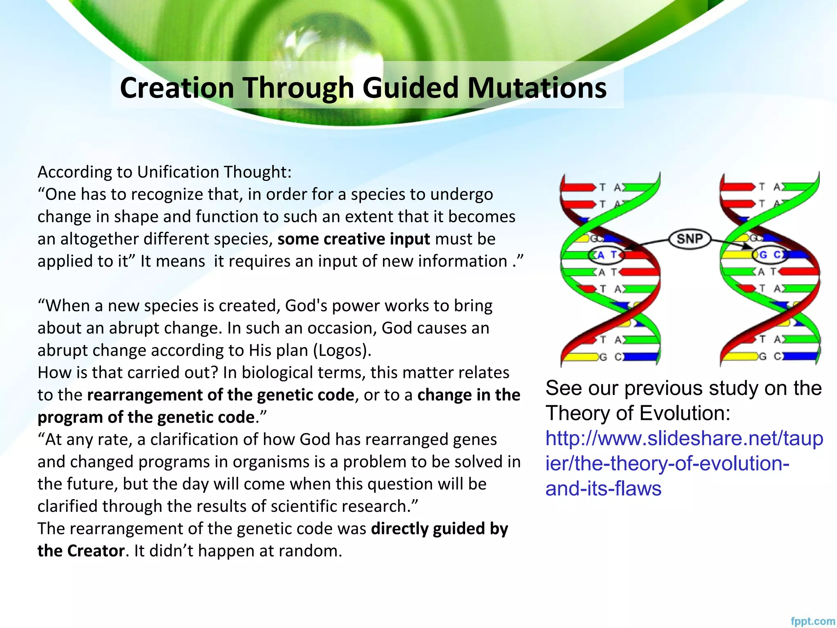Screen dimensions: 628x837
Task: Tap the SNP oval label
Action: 690,238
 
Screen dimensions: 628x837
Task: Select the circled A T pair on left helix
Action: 606,255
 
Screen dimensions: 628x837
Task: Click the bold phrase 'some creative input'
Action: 354,239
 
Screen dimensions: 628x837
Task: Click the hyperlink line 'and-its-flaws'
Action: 603,489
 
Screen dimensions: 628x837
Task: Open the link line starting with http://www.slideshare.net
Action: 684,439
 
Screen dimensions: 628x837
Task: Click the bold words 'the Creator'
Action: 81,551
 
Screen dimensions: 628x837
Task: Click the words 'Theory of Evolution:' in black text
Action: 638,413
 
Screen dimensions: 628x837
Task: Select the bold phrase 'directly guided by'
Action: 439,529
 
